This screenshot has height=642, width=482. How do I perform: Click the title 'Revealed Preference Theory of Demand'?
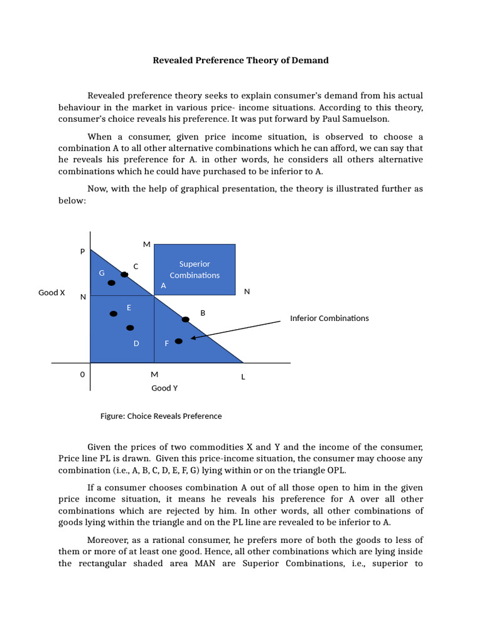241,61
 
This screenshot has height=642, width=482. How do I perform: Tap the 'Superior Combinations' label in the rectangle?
195,270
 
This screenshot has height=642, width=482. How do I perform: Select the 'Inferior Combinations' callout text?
329,318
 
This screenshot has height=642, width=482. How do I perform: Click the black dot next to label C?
124,275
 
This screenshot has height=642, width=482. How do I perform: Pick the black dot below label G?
112,283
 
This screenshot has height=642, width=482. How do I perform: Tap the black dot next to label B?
185,320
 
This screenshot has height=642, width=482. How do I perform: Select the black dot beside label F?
179,341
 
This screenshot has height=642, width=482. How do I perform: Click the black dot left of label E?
114,313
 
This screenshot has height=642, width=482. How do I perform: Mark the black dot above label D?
130,328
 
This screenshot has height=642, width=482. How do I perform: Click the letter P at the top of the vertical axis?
82,251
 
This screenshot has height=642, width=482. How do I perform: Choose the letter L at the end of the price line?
244,377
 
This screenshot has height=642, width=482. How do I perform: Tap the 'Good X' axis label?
51,293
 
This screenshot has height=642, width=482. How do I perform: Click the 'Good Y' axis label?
164,388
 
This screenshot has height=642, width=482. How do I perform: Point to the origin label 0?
82,374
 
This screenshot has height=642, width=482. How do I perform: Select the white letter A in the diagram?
163,285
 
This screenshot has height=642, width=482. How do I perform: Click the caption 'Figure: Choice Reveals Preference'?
161,416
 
